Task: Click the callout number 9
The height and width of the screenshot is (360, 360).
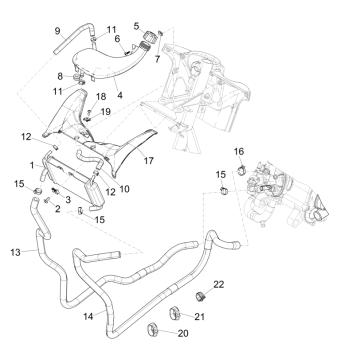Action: pyautogui.click(x=57, y=31)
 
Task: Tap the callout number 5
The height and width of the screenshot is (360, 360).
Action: pyautogui.click(x=136, y=26)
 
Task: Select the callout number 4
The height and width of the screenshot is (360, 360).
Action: pyautogui.click(x=120, y=95)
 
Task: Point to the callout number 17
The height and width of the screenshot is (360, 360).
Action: pyautogui.click(x=148, y=161)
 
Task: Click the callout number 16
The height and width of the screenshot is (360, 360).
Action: pyautogui.click(x=239, y=152)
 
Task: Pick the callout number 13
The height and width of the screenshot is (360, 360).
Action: pyautogui.click(x=15, y=252)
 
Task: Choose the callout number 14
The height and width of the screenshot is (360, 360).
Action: pyautogui.click(x=88, y=316)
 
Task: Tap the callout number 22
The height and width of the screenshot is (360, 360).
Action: pyautogui.click(x=219, y=284)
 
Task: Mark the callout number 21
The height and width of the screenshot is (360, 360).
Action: pyautogui.click(x=199, y=316)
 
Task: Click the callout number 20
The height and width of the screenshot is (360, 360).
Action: pyautogui.click(x=183, y=333)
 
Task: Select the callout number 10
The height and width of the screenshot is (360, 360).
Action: pyautogui.click(x=124, y=189)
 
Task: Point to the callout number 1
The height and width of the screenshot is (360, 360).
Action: pyautogui.click(x=32, y=165)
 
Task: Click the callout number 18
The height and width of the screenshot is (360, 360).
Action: pyautogui.click(x=101, y=97)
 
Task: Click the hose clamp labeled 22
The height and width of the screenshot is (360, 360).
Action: pyautogui.click(x=200, y=295)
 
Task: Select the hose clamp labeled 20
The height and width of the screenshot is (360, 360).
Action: pyautogui.click(x=152, y=329)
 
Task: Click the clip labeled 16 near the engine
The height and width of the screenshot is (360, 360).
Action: pyautogui.click(x=241, y=169)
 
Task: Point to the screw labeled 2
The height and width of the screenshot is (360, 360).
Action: pyautogui.click(x=47, y=200)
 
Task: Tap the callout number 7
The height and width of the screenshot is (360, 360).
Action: pyautogui.click(x=158, y=59)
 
